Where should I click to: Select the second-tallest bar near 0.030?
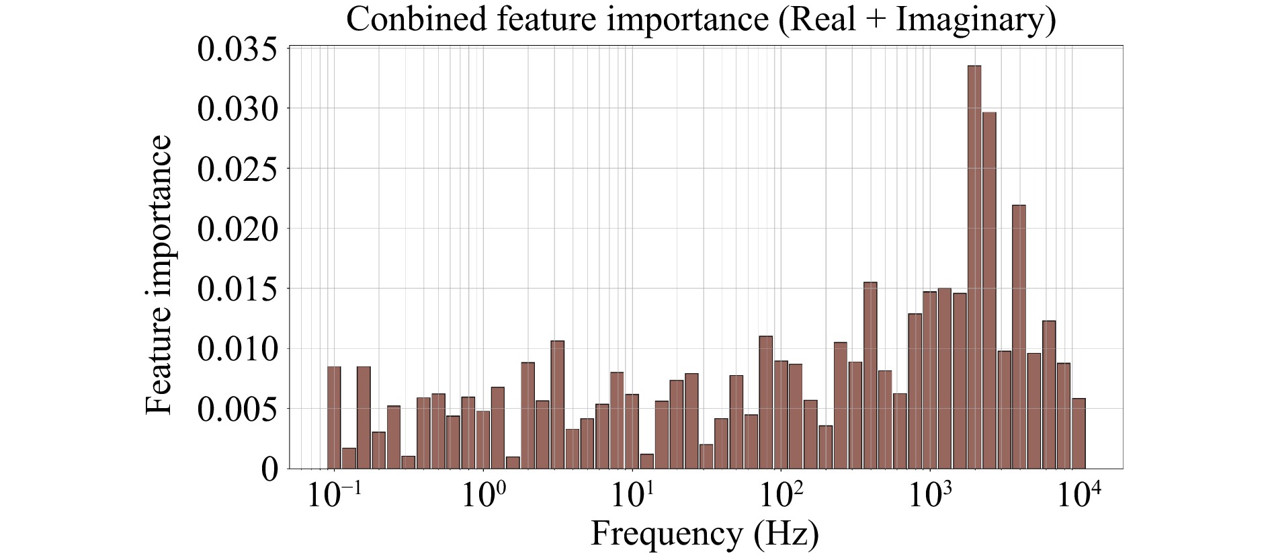[989, 290]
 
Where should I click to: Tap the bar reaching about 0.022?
[1019, 336]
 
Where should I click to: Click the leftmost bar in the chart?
[334, 417]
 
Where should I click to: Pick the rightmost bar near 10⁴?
[1078, 433]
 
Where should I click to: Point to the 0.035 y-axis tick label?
[237, 50]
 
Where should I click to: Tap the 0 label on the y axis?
[269, 469]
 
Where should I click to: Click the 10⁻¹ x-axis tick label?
[332, 498]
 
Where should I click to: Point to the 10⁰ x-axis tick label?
[482, 498]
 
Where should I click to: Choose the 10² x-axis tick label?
[780, 498]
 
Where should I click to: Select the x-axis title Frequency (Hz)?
[705, 534]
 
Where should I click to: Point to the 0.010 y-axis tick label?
[237, 349]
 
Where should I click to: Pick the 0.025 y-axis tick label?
[237, 169]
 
